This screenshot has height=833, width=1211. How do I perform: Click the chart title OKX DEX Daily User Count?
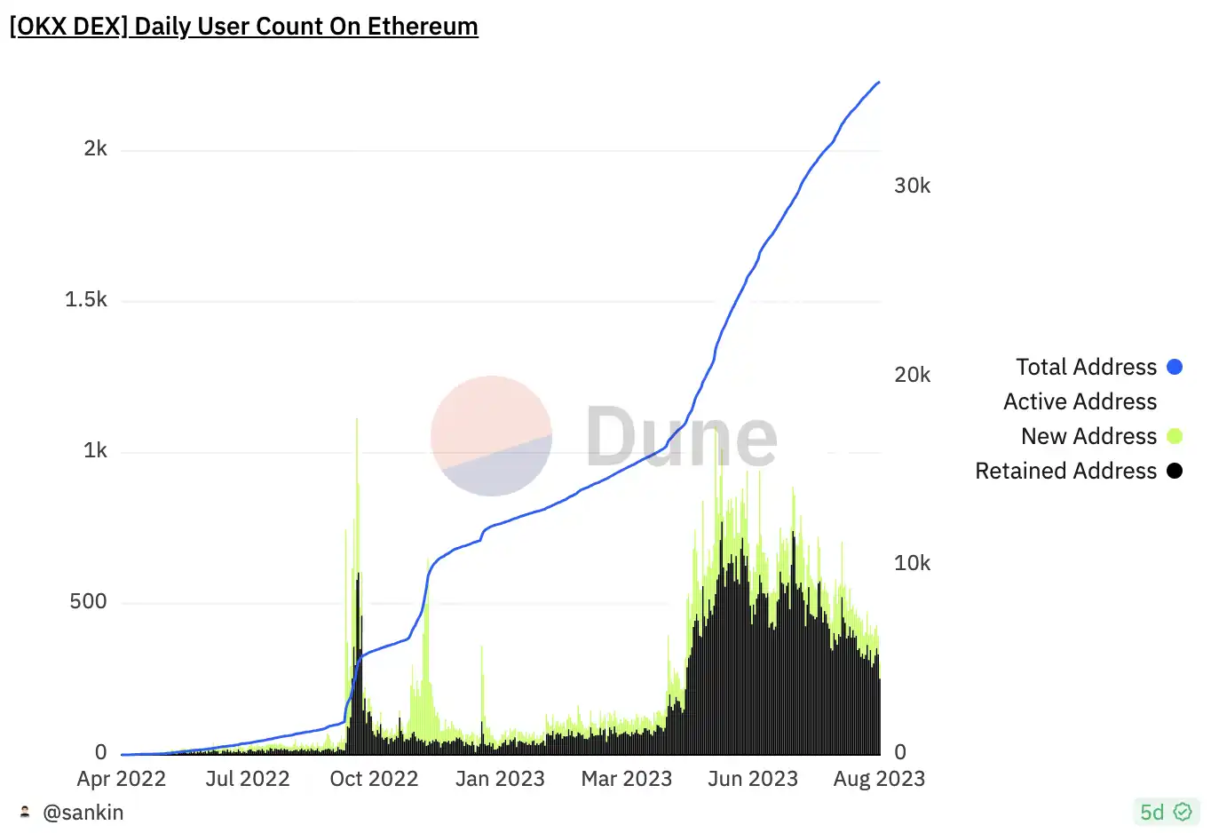coord(243,27)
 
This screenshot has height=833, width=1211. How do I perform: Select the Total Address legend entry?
coord(1086,367)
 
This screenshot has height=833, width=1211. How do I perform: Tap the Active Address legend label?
coord(1080,401)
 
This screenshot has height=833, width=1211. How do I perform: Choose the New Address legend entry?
coord(1088,436)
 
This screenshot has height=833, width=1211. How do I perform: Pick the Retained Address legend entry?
coord(1065,471)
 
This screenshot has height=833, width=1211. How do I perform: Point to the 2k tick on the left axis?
coord(95,148)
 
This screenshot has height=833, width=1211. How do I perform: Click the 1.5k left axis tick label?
coord(85,299)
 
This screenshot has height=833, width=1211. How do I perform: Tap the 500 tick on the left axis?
coord(88,601)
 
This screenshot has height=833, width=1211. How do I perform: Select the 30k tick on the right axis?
coord(912,186)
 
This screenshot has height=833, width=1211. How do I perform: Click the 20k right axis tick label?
coord(912,375)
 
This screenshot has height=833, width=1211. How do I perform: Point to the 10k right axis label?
coord(912,563)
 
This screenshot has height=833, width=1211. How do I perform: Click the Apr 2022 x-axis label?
coord(121,779)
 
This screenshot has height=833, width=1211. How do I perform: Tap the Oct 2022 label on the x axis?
coord(374,779)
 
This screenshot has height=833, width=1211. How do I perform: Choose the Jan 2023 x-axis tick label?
coord(500,779)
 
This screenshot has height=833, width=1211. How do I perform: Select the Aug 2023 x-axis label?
coord(879,779)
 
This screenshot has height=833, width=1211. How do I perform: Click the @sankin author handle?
coord(83,813)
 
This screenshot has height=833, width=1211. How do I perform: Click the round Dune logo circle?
coord(491,436)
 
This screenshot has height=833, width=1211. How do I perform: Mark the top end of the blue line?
coord(878,83)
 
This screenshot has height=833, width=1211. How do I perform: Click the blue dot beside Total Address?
coord(1175,367)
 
